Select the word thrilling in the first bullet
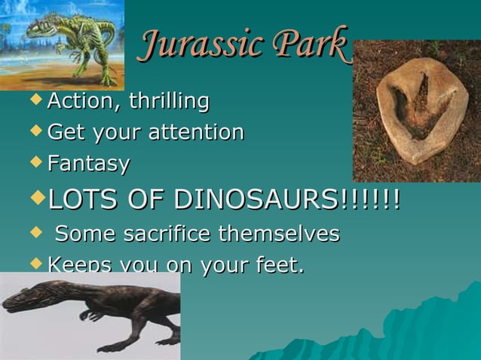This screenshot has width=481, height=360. click(x=167, y=100)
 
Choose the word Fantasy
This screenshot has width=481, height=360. click(x=88, y=163)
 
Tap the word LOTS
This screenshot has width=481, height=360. click(x=81, y=200)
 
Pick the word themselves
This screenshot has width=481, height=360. click(x=279, y=233)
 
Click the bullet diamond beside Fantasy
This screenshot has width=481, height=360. click(x=38, y=161)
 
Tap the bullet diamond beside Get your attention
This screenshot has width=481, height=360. click(x=38, y=130)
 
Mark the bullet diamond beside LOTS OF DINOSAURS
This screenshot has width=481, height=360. click(x=38, y=199)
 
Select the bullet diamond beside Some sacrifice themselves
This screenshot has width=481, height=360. click(x=38, y=232)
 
